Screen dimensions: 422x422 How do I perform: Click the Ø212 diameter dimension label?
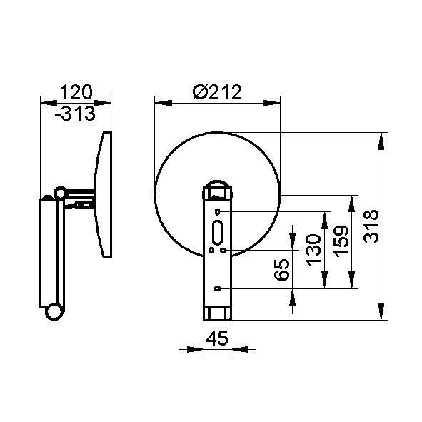coord(217,92)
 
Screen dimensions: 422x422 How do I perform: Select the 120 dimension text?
coord(76,92)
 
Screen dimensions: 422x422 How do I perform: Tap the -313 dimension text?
coord(75,113)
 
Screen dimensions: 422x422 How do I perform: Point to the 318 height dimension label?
coord(371,226)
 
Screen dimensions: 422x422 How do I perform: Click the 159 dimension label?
coord(341,241)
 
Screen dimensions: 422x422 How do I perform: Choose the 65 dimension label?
coord(282,270)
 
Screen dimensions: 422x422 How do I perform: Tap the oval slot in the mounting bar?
coord(217,233)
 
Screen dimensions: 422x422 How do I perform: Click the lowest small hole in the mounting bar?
coord(218,288)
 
